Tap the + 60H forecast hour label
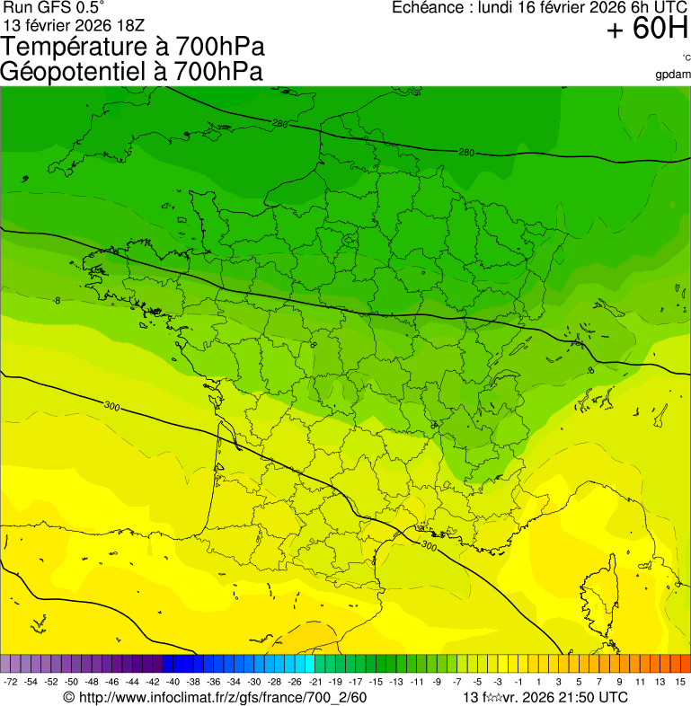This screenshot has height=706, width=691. pyautogui.click(x=647, y=30)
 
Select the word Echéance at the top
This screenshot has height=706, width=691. pyautogui.click(x=427, y=7)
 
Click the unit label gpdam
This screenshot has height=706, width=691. pyautogui.click(x=673, y=75)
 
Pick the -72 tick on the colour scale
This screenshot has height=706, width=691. pyautogui.click(x=11, y=683)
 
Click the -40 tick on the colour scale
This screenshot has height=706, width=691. pyautogui.click(x=173, y=683)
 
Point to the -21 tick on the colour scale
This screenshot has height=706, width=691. pyautogui.click(x=315, y=683)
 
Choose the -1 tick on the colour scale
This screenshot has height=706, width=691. pyautogui.click(x=518, y=683)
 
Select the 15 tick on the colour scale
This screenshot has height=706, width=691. pyautogui.click(x=680, y=683)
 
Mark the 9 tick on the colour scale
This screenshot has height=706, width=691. pyautogui.click(x=619, y=683)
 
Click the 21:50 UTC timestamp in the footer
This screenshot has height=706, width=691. pyautogui.click(x=588, y=698)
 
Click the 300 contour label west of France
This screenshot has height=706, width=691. pyautogui.click(x=111, y=406)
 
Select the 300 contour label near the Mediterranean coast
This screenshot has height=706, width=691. pyautogui.click(x=429, y=545)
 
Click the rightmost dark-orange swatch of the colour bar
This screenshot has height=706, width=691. pyautogui.click(x=686, y=664)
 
